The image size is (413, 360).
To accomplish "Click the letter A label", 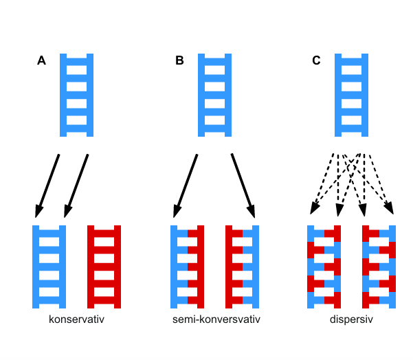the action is click(41, 60).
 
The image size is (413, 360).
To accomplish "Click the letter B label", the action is click(179, 60).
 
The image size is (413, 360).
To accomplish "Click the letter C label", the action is click(316, 60).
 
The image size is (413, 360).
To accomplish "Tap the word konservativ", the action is click(76, 319).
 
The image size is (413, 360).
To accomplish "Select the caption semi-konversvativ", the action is click(216, 319).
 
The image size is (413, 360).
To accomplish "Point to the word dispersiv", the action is click(351, 319).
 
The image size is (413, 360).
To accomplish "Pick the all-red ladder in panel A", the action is click(104, 267).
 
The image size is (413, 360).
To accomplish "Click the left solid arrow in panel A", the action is click(47, 185).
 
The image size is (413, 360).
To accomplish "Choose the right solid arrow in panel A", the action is click(76, 185).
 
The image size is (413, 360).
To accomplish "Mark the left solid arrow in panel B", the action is click(186, 185).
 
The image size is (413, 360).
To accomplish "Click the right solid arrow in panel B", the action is click(243, 185).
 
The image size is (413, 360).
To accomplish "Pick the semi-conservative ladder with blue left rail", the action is click(188, 267).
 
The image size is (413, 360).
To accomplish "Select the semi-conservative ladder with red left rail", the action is click(243, 267).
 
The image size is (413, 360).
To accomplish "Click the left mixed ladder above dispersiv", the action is click(324, 267).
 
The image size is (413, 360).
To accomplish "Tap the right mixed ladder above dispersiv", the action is click(379, 267).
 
